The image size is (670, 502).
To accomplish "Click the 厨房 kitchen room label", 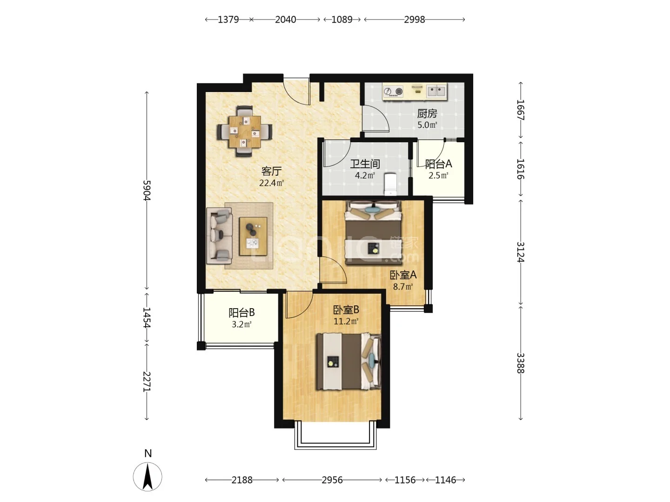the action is pyautogui.click(x=427, y=114).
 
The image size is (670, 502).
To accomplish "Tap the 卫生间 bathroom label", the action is pyautogui.click(x=365, y=164).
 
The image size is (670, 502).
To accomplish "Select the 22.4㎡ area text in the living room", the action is pyautogui.click(x=271, y=183).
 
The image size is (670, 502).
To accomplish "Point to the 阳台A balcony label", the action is pyautogui.click(x=438, y=164).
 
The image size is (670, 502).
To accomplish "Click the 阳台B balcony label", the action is pyautogui.click(x=241, y=313).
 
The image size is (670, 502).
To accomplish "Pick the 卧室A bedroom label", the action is pyautogui.click(x=403, y=275).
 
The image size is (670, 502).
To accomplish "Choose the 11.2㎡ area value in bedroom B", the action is pyautogui.click(x=346, y=321).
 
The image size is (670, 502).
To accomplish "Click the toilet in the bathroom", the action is pyautogui.click(x=390, y=184).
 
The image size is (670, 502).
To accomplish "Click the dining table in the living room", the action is pyautogui.click(x=245, y=132).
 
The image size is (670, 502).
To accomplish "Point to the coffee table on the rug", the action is pyautogui.click(x=253, y=236).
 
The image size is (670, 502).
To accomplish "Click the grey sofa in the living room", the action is pyautogui.click(x=219, y=236).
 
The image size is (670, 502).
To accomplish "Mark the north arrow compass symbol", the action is pyautogui.click(x=148, y=476).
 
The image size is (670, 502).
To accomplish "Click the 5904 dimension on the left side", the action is pyautogui.click(x=147, y=190).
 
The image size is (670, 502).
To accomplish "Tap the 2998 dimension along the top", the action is pyautogui.click(x=414, y=20).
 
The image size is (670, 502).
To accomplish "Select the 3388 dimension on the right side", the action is pyautogui.click(x=521, y=363).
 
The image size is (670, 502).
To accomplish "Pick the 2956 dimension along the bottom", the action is pyautogui.click(x=332, y=480).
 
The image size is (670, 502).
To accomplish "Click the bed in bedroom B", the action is pyautogui.click(x=348, y=362).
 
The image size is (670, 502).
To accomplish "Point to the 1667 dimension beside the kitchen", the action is pyautogui.click(x=521, y=110).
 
